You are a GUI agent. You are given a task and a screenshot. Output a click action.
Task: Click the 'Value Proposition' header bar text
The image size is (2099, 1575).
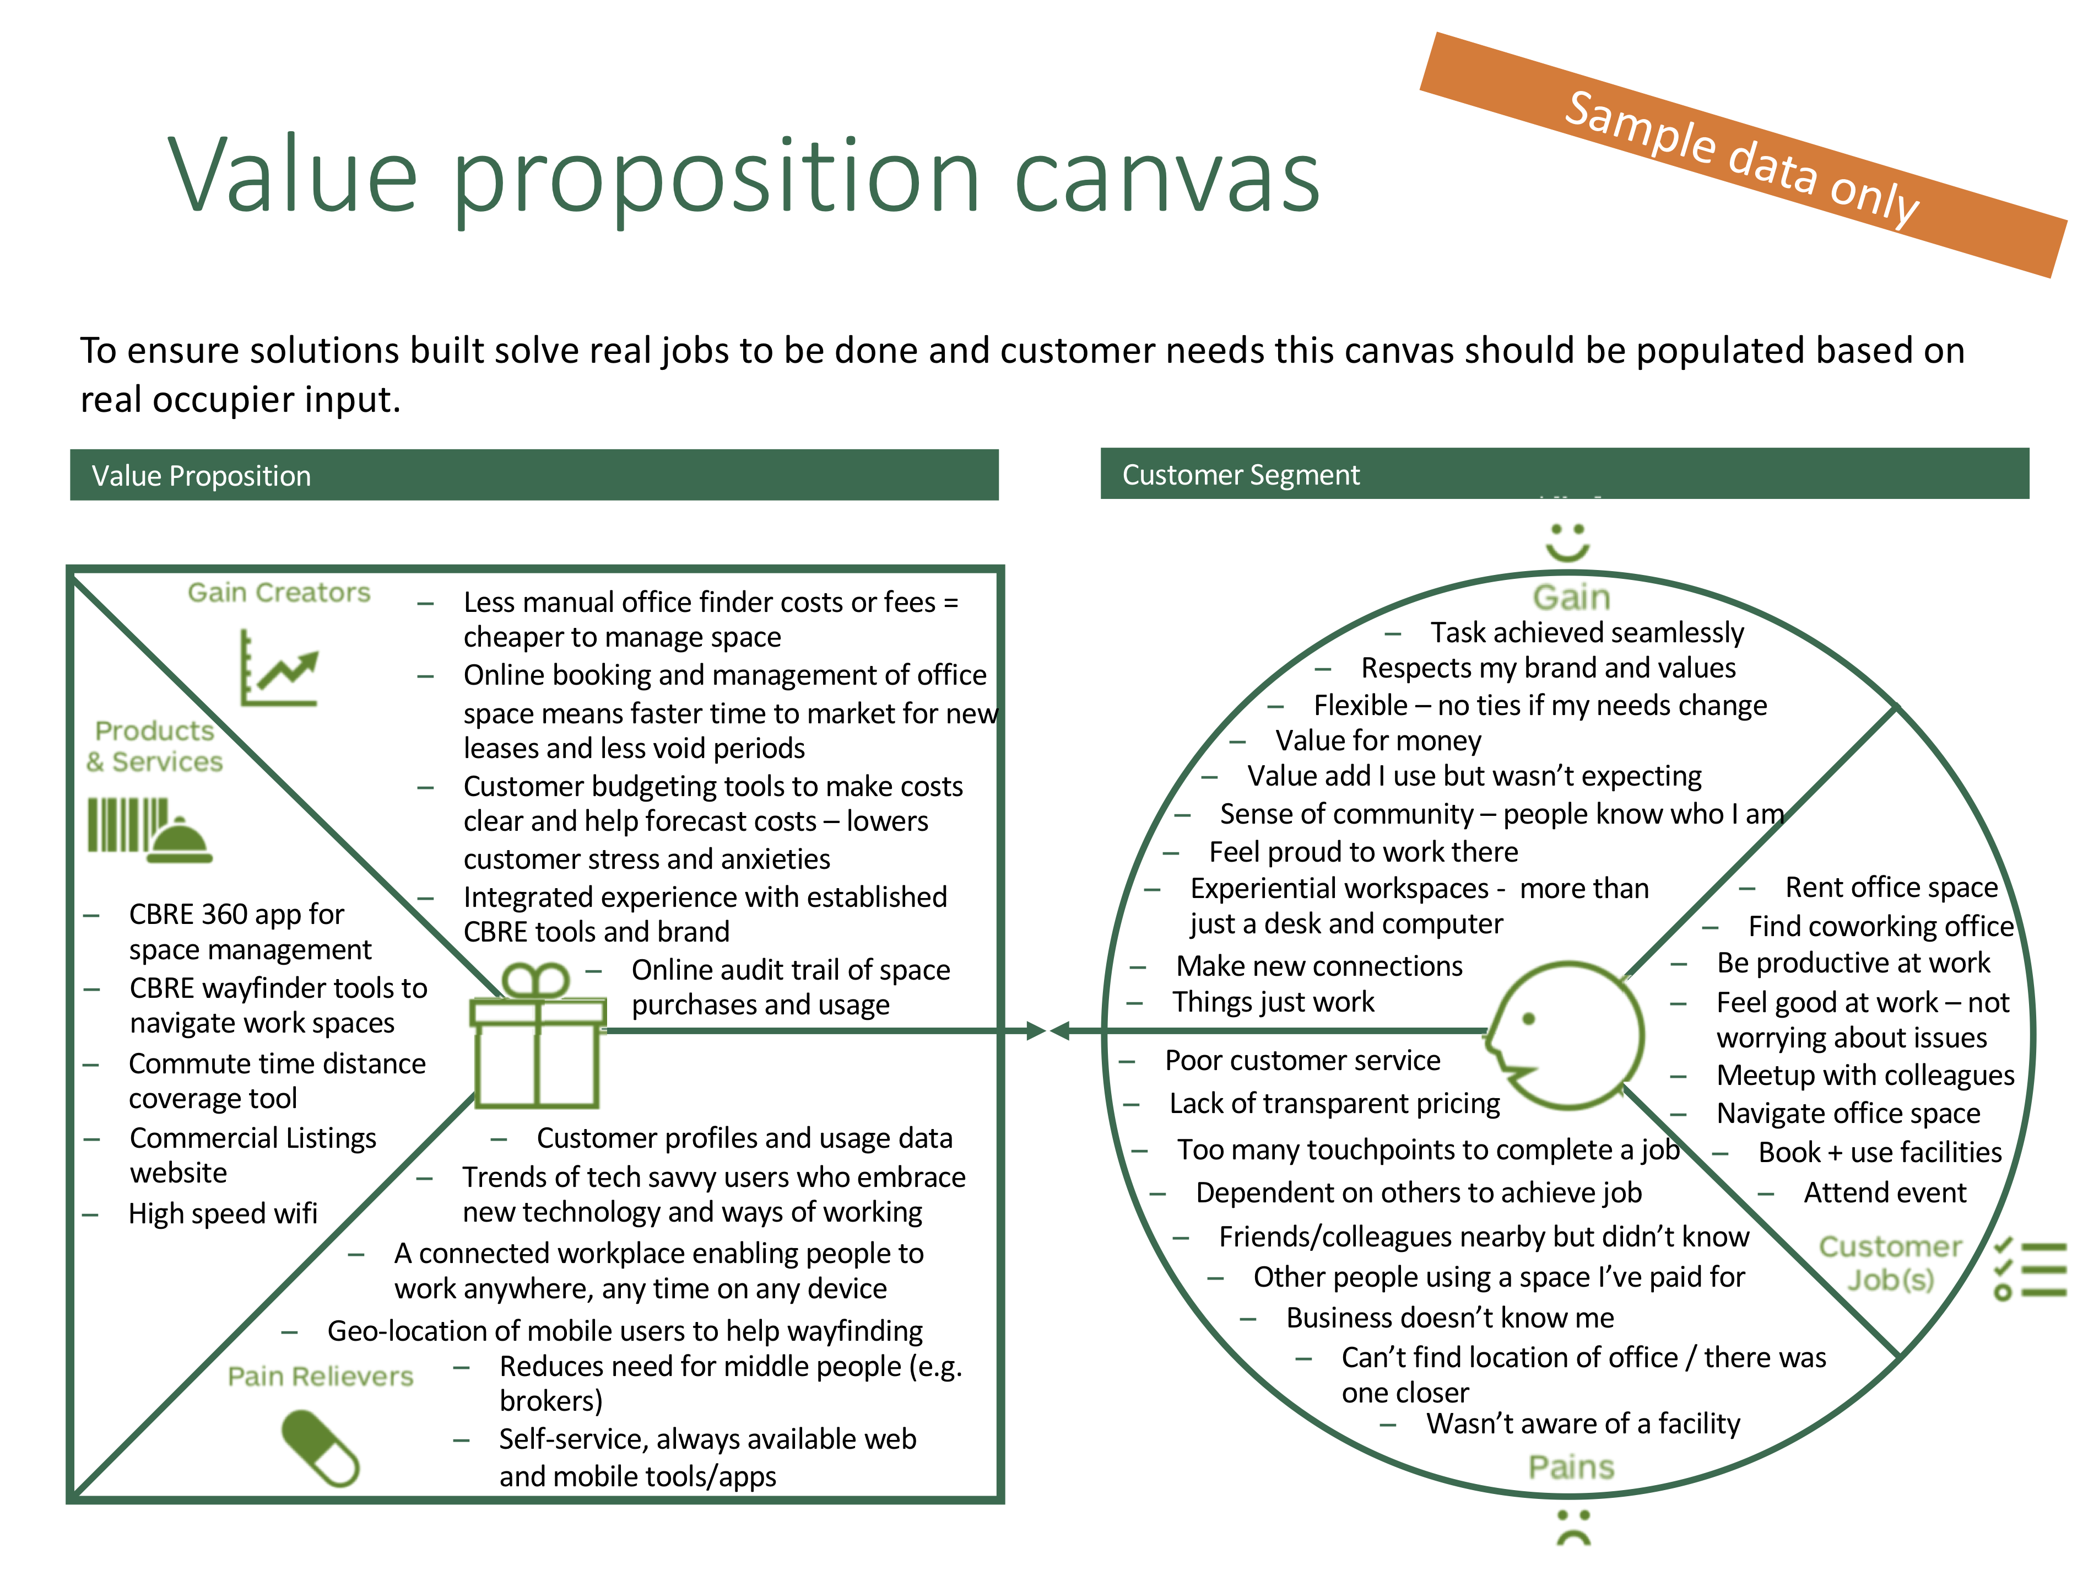[201, 476]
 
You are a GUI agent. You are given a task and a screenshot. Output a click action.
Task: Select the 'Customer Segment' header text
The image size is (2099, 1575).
[1240, 475]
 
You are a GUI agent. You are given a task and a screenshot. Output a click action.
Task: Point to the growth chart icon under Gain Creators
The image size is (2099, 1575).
[279, 668]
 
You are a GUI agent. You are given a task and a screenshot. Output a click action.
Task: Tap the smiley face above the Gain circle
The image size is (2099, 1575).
[1567, 541]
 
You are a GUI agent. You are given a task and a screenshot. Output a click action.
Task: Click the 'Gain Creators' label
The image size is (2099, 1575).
[279, 593]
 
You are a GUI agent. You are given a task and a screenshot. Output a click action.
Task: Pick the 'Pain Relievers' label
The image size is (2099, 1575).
[321, 1377]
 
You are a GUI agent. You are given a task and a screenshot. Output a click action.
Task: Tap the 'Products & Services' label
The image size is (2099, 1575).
[155, 746]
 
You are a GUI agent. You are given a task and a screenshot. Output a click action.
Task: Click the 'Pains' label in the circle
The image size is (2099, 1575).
[1571, 1468]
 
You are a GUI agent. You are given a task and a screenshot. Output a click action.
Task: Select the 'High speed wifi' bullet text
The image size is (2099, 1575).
[223, 1213]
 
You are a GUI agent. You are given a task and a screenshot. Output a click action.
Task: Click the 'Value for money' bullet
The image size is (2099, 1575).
[1378, 740]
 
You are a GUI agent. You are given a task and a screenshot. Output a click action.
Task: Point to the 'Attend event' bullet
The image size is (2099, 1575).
[1885, 1192]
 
